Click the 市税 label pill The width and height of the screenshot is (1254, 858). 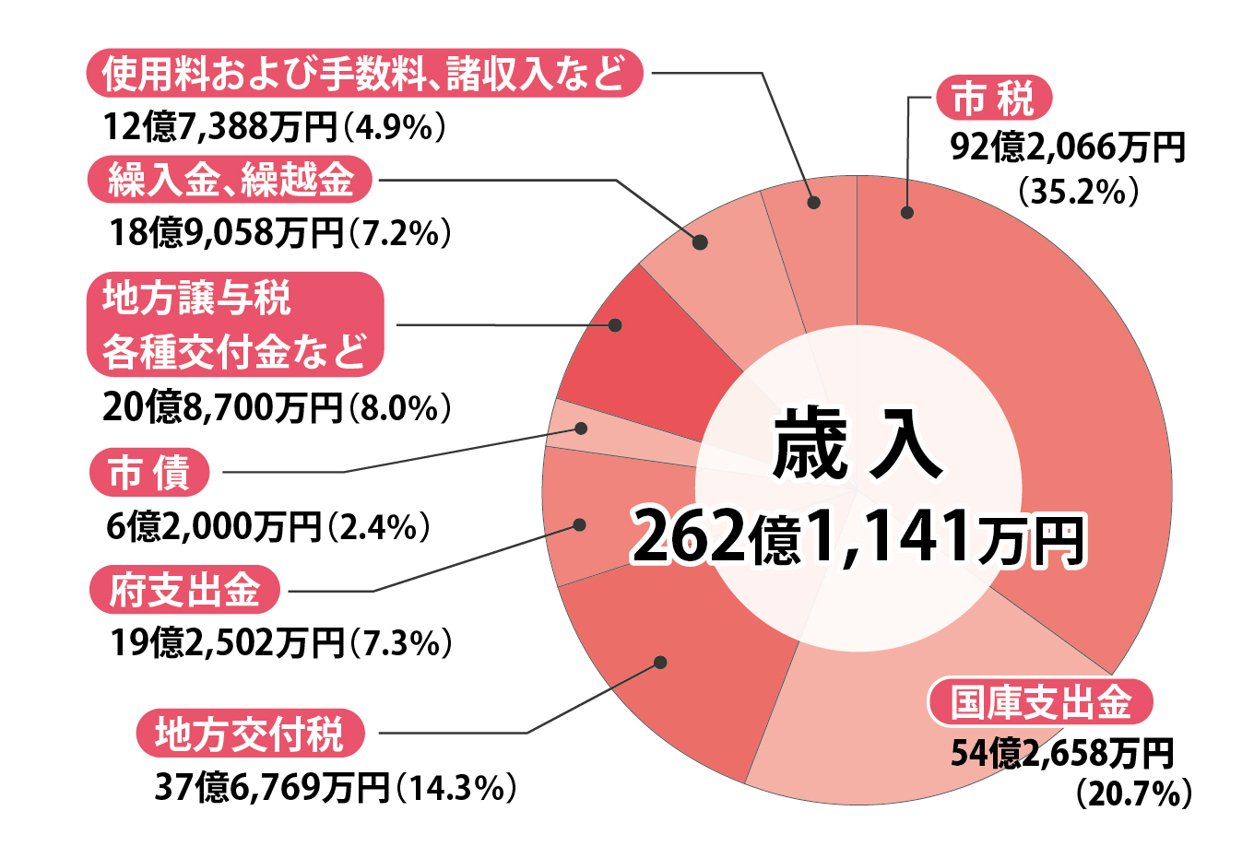[x=993, y=99]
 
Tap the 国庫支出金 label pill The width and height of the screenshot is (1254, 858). [x=1040, y=703]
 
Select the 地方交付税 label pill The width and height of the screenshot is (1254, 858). [x=250, y=734]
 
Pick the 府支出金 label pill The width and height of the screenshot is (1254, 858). [x=184, y=590]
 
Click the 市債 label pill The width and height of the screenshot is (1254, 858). [x=149, y=474]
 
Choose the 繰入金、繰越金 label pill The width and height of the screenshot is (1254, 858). [x=231, y=180]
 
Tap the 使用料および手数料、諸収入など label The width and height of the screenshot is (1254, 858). [x=364, y=74]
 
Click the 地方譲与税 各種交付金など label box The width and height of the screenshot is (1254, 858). [x=235, y=324]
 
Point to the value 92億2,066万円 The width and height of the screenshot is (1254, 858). [x=1068, y=147]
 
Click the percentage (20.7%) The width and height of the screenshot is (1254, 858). [x=1134, y=793]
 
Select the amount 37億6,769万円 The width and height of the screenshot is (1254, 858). [x=272, y=788]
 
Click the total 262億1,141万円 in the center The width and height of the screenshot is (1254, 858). [x=858, y=537]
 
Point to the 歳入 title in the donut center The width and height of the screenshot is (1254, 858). [x=858, y=447]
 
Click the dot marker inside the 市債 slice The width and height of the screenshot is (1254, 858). [x=581, y=429]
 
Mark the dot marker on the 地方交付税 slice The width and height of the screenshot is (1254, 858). [x=659, y=663]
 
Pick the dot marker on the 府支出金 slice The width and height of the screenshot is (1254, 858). [x=579, y=525]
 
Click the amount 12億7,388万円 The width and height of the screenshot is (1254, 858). [x=221, y=127]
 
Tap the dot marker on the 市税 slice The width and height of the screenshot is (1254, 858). [x=907, y=212]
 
